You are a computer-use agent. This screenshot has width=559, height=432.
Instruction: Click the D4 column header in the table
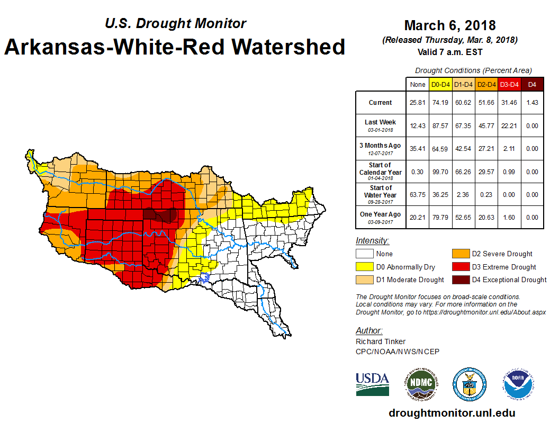pyautogui.click(x=532, y=84)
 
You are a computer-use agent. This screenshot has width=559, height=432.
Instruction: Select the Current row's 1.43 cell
pyautogui.click(x=532, y=103)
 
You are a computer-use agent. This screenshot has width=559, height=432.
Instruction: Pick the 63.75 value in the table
pyautogui.click(x=417, y=194)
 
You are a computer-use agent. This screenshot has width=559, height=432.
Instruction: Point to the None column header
pyautogui.click(x=417, y=84)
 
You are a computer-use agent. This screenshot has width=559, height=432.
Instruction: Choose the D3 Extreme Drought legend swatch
pyautogui.click(x=459, y=267)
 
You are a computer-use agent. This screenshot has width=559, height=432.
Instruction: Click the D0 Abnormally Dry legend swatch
pyautogui.click(x=364, y=267)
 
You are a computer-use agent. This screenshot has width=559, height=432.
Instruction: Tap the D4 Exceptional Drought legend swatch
pyautogui.click(x=459, y=280)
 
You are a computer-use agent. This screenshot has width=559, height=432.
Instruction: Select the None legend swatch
pyautogui.click(x=364, y=254)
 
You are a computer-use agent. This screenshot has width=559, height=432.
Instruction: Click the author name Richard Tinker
pyautogui.click(x=380, y=341)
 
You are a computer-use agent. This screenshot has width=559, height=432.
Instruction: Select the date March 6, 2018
pyautogui.click(x=450, y=25)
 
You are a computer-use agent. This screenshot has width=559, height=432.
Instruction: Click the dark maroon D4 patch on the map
pyautogui.click(x=161, y=215)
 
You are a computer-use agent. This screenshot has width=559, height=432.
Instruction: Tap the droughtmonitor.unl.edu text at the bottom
pyautogui.click(x=452, y=413)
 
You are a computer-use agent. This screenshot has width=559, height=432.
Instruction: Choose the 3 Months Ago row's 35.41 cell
pyautogui.click(x=417, y=149)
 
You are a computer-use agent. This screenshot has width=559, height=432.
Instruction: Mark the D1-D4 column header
pyautogui.click(x=463, y=84)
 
